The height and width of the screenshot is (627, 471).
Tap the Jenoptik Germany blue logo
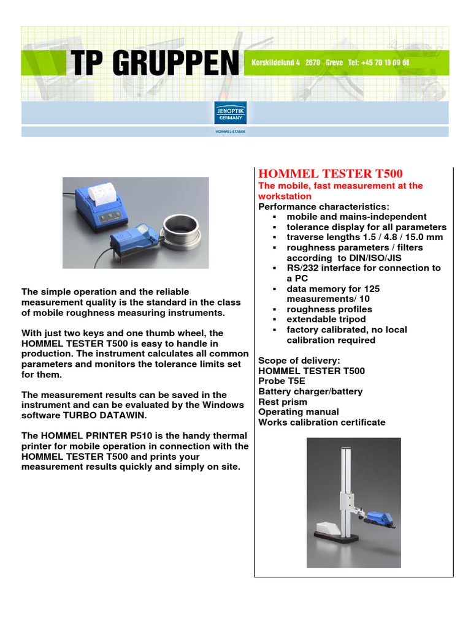point(231,113)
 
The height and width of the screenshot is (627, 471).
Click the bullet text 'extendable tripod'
point(326,319)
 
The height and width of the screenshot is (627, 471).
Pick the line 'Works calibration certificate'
point(322,422)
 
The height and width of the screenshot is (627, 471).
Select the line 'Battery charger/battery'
point(310,391)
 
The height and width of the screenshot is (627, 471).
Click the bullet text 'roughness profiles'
point(329,309)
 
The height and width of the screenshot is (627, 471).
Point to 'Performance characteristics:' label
point(324,206)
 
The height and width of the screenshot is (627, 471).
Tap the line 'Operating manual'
point(298,412)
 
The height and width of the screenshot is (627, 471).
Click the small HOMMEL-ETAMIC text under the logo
point(231,132)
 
